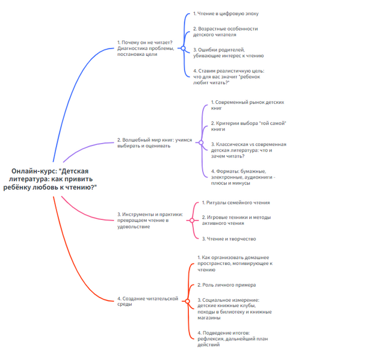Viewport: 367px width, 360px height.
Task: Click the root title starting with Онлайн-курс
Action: pyautogui.click(x=54, y=179)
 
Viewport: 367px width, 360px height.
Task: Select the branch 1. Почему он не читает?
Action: pyautogui.click(x=146, y=49)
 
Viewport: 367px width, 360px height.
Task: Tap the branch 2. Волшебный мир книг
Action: pyautogui.click(x=155, y=143)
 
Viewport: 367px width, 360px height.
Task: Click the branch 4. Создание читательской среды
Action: pyautogui.click(x=148, y=301)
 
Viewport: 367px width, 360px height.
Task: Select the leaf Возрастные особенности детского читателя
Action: pyautogui.click(x=226, y=32)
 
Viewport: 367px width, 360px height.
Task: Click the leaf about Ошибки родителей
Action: pyautogui.click(x=229, y=52)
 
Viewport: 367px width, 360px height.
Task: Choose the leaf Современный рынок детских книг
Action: pyautogui.click(x=247, y=105)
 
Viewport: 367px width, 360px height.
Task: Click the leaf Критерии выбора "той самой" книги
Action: pyautogui.click(x=248, y=126)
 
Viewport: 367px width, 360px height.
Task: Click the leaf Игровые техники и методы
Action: pyautogui.click(x=236, y=220)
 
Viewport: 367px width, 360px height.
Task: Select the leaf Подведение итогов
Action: pyautogui.click(x=232, y=338)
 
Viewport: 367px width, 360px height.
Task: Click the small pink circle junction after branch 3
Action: pyautogui.click(x=192, y=220)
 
